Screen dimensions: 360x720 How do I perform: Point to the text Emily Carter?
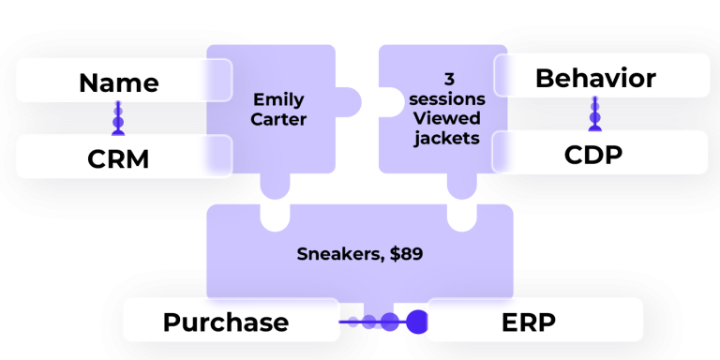278,109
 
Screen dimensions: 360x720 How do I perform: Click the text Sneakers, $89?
360,253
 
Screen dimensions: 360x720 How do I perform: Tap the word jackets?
447,139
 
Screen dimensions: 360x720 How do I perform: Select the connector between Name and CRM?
118,118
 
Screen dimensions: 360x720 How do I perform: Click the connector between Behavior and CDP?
594,113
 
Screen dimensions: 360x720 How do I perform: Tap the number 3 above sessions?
448,80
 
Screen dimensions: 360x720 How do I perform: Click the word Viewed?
447,119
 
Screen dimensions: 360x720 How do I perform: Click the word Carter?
278,120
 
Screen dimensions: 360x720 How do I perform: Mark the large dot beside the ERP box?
415,322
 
